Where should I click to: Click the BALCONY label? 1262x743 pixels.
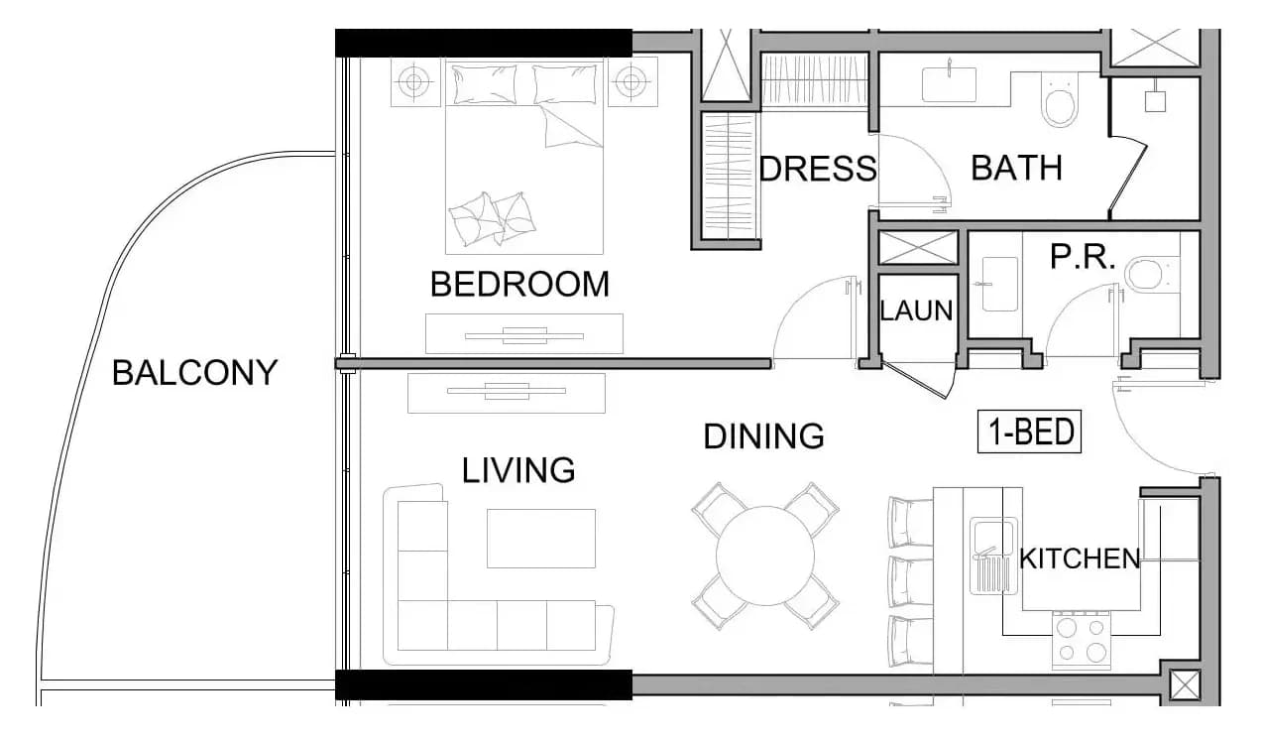coord(195,373)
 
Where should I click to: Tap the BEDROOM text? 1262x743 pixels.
coord(519,284)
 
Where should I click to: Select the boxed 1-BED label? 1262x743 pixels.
coord(1029,432)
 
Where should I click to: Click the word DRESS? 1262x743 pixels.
coord(818,169)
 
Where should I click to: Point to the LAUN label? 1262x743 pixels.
coord(917,310)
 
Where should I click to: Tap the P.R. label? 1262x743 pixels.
coord(1083,257)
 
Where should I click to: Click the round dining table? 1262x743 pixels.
coord(765,556)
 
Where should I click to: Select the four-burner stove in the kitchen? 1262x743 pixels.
coord(1082,641)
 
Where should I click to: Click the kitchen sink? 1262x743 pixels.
coord(993,556)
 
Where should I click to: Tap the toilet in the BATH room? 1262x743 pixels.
coord(1059,100)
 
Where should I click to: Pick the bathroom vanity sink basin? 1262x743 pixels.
coord(950,84)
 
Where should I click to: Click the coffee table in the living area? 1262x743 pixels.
coord(541,539)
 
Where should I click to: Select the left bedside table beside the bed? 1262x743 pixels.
coord(414,82)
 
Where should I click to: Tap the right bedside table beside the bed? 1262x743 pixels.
coord(632,82)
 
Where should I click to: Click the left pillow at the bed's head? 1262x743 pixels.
coord(485,84)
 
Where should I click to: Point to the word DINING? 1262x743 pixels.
coord(763,435)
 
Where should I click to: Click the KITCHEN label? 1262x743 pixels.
coord(1080,558)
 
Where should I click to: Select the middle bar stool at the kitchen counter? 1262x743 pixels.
coord(910,582)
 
